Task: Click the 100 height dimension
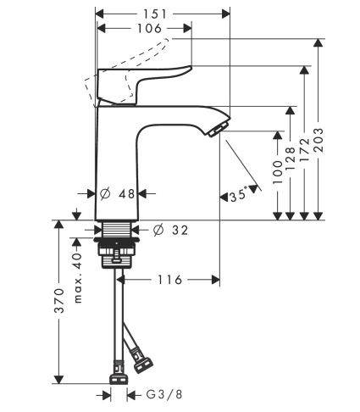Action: coord(278,170)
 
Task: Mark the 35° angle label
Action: coord(240,196)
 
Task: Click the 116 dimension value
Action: coord(169,279)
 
